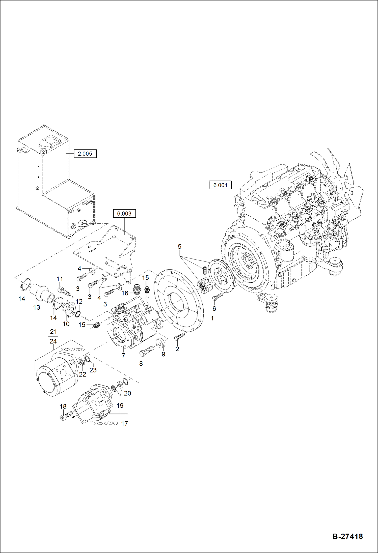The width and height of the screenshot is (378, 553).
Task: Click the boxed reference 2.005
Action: pyautogui.click(x=85, y=154)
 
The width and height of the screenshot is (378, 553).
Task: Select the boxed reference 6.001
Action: pyautogui.click(x=220, y=185)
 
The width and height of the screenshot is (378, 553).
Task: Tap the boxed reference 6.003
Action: pyautogui.click(x=124, y=214)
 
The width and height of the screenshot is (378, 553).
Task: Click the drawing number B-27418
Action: pyautogui.click(x=347, y=536)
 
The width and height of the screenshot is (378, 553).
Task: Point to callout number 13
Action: pyautogui.click(x=37, y=307)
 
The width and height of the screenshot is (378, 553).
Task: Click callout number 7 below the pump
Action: pyautogui.click(x=123, y=356)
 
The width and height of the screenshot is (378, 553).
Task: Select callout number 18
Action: pyautogui.click(x=63, y=406)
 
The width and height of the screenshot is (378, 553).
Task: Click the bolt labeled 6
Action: pyautogui.click(x=218, y=296)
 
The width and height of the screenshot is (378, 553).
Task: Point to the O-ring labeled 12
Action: pyautogui.click(x=78, y=314)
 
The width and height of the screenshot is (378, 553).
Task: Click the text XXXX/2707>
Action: pyautogui.click(x=73, y=350)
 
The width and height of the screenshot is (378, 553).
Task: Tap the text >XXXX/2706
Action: pyautogui.click(x=106, y=423)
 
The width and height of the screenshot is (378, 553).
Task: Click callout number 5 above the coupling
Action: pyautogui.click(x=179, y=246)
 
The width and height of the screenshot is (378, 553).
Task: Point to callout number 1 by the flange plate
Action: pyautogui.click(x=212, y=318)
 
